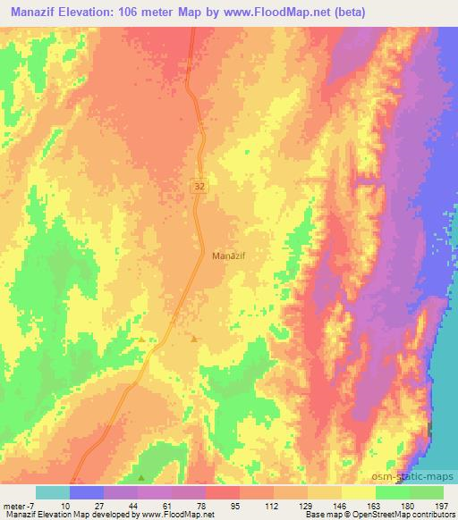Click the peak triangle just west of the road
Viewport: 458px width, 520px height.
[x=141, y=340]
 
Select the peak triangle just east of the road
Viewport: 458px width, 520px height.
[x=194, y=338]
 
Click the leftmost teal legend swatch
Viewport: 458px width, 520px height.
[x=54, y=493]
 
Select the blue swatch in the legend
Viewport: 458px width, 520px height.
[x=88, y=493]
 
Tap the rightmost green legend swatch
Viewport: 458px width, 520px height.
[x=427, y=493]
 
